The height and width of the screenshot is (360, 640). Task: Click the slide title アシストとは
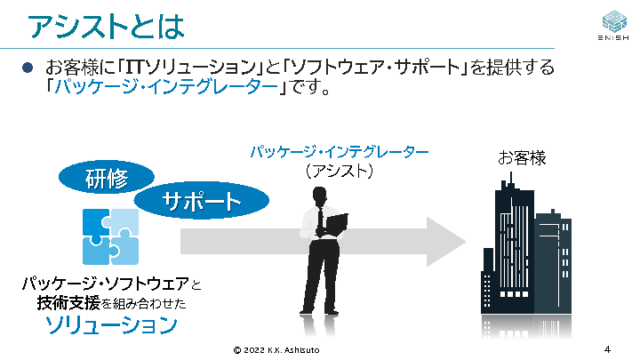pyautogui.click(x=106, y=27)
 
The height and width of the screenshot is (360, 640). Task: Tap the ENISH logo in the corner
pyautogui.click(x=613, y=25)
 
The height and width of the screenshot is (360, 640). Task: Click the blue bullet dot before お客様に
pyautogui.click(x=28, y=68)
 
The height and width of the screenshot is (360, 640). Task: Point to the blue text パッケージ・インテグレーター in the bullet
pyautogui.click(x=166, y=86)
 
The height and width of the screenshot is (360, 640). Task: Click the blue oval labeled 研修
pyautogui.click(x=107, y=178)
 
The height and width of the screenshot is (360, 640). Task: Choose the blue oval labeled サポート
pyautogui.click(x=202, y=200)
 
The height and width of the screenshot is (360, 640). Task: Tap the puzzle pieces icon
pyautogui.click(x=110, y=236)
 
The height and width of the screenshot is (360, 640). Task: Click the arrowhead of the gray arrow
pyautogui.click(x=446, y=242)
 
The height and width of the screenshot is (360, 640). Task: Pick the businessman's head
pyautogui.click(x=319, y=196)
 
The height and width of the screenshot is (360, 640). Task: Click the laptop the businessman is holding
pyautogui.click(x=336, y=225)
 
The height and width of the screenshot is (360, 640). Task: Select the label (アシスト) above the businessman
pyautogui.click(x=340, y=171)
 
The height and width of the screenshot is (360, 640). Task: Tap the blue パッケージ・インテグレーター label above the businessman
pyautogui.click(x=340, y=152)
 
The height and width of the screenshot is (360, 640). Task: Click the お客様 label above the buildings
pyautogui.click(x=522, y=158)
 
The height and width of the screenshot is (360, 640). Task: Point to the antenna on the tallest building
pyautogui.click(x=510, y=180)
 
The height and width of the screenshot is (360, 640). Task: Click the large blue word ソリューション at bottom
pyautogui.click(x=111, y=325)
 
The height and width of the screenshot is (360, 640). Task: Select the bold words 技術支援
pyautogui.click(x=68, y=303)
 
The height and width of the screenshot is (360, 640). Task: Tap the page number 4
pyautogui.click(x=607, y=349)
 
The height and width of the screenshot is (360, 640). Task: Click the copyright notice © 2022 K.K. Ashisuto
pyautogui.click(x=276, y=350)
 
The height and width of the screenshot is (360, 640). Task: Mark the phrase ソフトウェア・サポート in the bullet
pyautogui.click(x=375, y=68)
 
